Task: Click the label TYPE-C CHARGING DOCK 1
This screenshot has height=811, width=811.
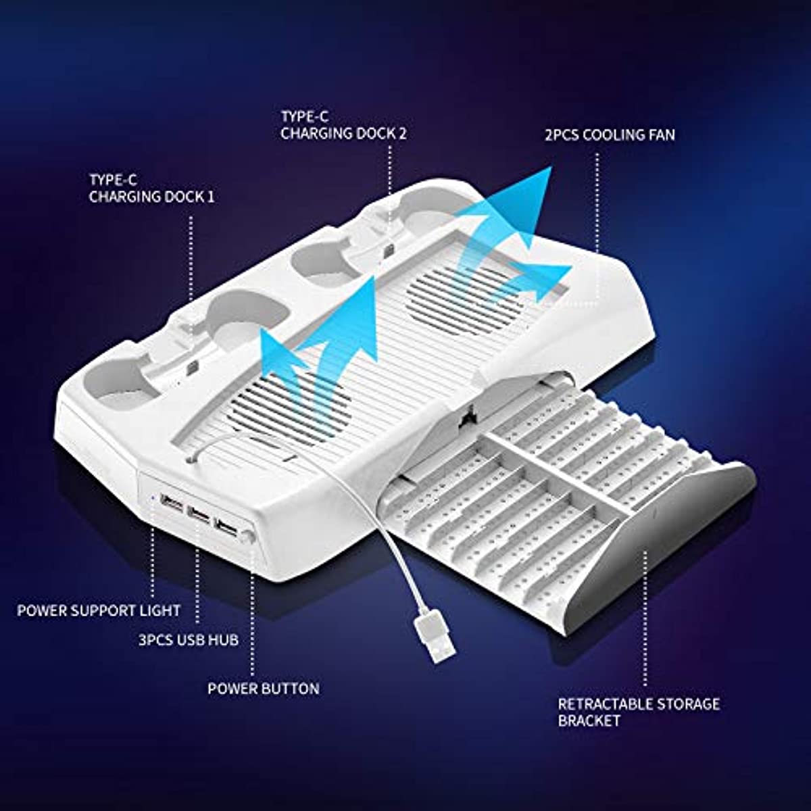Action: click(151, 188)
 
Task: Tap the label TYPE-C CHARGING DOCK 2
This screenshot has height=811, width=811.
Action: click(343, 125)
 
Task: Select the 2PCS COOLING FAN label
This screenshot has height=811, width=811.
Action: click(610, 135)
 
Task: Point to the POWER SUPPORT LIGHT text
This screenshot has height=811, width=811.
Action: click(99, 610)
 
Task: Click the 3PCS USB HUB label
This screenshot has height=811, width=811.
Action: click(189, 652)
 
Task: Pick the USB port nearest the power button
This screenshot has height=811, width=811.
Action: click(226, 526)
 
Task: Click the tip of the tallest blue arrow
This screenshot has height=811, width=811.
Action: click(551, 166)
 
